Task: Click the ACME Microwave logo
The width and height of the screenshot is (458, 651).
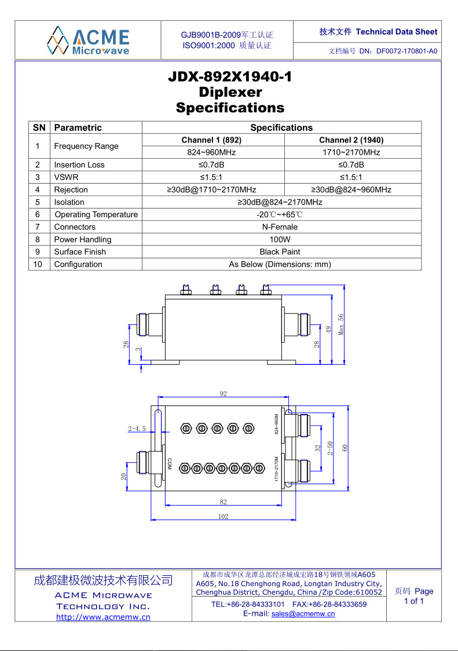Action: pyautogui.click(x=88, y=40)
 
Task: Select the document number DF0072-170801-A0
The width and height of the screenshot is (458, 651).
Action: pyautogui.click(x=406, y=51)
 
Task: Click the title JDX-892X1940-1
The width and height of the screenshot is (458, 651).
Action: pyautogui.click(x=230, y=76)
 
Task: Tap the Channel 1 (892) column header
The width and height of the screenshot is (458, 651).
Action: pyautogui.click(x=211, y=140)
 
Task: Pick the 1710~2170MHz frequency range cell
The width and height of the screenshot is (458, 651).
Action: pyautogui.click(x=351, y=152)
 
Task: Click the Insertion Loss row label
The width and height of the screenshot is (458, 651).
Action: pyautogui.click(x=79, y=165)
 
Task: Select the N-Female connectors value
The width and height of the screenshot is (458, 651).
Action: pyautogui.click(x=280, y=227)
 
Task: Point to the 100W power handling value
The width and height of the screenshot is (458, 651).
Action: pyautogui.click(x=280, y=239)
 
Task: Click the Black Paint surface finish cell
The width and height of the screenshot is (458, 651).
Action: pyautogui.click(x=280, y=252)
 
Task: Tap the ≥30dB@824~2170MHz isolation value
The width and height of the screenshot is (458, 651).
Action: pyautogui.click(x=280, y=202)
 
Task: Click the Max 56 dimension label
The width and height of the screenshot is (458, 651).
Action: pyautogui.click(x=342, y=325)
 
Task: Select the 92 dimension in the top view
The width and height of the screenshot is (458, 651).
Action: pyautogui.click(x=223, y=394)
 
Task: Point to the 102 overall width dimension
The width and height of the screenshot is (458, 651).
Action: pyautogui.click(x=223, y=517)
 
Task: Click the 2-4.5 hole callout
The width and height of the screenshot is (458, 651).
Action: pyautogui.click(x=137, y=429)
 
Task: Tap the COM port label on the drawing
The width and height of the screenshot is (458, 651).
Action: pyautogui.click(x=170, y=464)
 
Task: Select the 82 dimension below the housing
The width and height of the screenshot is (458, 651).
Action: pyautogui.click(x=223, y=502)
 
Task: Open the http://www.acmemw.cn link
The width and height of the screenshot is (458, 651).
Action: pyautogui.click(x=103, y=617)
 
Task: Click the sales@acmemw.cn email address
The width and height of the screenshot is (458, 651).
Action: pyautogui.click(x=303, y=614)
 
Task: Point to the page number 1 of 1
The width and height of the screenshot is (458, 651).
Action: pyautogui.click(x=413, y=601)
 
